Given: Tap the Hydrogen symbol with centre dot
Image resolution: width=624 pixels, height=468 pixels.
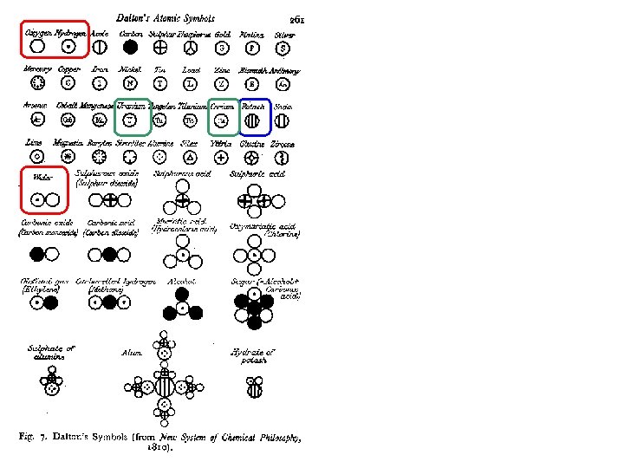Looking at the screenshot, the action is (x=68, y=47).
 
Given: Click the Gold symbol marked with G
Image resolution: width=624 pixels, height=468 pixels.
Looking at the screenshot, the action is (x=222, y=47).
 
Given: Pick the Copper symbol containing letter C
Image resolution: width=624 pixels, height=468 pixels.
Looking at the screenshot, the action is (x=68, y=83).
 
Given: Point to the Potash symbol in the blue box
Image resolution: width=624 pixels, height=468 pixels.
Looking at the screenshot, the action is (x=253, y=120).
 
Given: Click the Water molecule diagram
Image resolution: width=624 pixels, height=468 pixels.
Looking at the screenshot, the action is (x=44, y=199).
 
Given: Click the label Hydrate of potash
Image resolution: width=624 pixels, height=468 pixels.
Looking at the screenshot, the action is (x=252, y=355).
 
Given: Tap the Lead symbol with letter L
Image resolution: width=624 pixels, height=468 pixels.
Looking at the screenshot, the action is (x=191, y=83).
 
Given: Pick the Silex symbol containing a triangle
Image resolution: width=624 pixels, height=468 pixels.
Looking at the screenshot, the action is (x=191, y=157).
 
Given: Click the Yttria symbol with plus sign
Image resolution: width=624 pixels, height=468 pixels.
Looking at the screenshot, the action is (x=222, y=157).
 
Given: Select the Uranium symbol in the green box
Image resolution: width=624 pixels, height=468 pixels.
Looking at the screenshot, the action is (x=130, y=120).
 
